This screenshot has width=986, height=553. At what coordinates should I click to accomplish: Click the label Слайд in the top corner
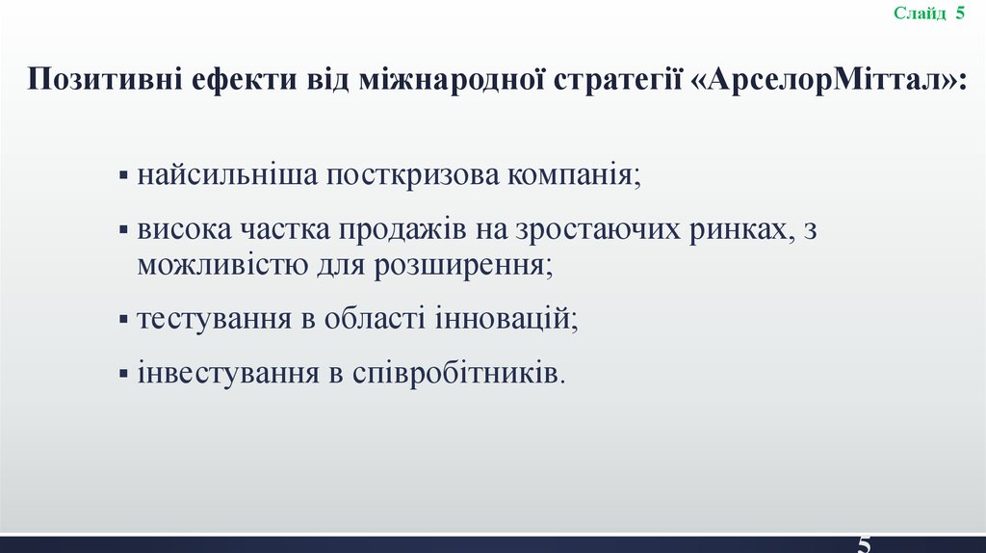point(920,13)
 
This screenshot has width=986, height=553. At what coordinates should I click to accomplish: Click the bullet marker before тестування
point(124,319)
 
